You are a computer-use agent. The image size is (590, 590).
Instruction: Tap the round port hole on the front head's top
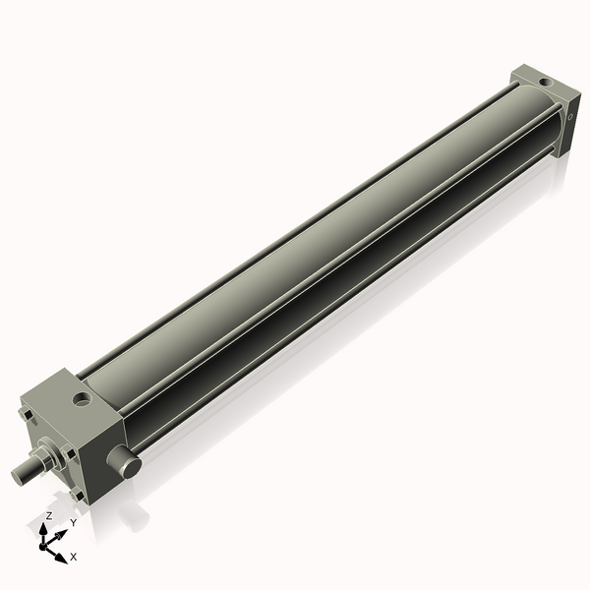coord(82,399)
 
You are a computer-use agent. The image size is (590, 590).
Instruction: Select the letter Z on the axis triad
coord(48,515)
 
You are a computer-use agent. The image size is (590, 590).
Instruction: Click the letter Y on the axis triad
coord(74,523)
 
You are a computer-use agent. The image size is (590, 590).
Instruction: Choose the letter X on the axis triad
coord(74,557)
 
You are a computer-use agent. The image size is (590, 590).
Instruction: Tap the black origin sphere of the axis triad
coord(45,544)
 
